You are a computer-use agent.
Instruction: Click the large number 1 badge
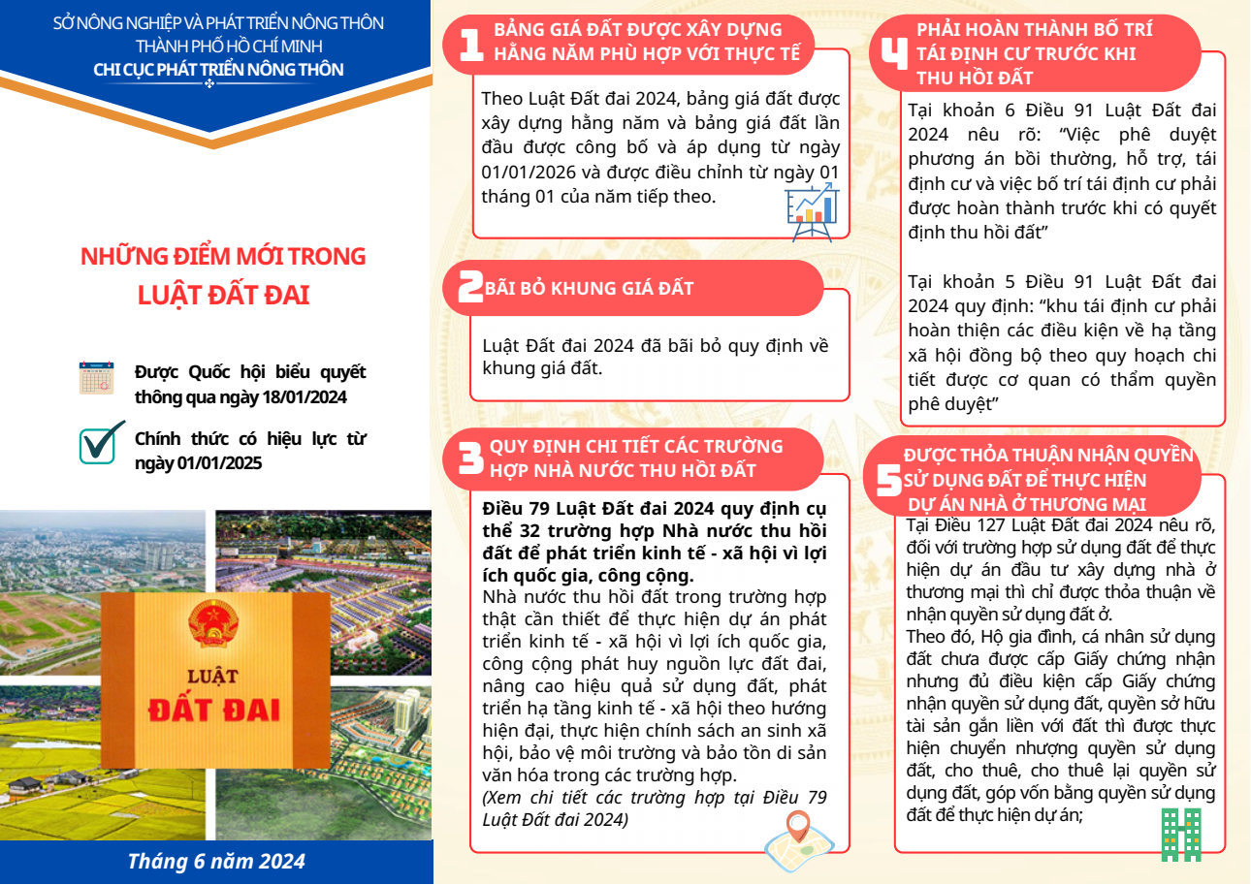point(471,45)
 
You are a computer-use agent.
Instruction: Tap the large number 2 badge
point(470,288)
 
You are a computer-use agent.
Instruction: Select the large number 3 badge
point(471,458)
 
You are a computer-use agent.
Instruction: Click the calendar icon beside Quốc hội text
point(97,378)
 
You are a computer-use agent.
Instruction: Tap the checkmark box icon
point(100,441)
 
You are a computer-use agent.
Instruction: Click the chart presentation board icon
point(813,210)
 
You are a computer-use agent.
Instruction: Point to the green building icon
point(1181,835)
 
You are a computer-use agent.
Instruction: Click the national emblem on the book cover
point(208,624)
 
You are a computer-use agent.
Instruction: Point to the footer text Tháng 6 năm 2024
point(216,861)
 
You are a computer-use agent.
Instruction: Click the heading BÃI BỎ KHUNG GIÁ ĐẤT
point(589,288)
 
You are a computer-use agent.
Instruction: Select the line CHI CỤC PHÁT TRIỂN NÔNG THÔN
point(218,69)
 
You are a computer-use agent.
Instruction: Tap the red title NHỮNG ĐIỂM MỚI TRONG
point(223,257)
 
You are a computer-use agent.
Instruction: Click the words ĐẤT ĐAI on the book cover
point(214,709)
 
